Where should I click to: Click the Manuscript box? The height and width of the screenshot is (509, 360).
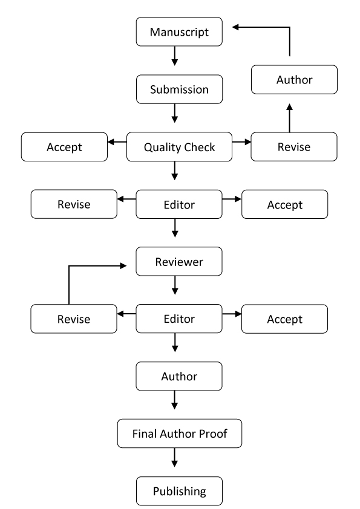pos(179,32)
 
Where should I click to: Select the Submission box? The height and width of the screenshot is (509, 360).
pos(179,89)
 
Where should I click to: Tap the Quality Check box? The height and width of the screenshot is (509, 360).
pos(179,147)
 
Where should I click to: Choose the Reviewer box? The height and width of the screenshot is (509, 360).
pos(179,262)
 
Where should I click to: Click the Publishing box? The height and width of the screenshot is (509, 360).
pos(179,491)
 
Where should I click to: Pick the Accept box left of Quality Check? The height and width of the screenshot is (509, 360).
pos(64,147)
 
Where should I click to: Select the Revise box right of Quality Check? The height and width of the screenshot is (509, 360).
pos(294,147)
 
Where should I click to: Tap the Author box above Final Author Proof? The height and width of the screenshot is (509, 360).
pos(179,376)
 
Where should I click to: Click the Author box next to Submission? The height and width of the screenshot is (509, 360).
pos(295,80)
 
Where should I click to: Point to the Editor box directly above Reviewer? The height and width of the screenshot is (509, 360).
pos(179,204)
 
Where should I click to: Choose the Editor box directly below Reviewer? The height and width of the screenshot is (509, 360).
pos(179,319)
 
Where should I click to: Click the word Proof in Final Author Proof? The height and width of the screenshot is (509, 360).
pos(213,433)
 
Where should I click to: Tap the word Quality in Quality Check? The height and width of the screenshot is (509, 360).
pos(159,148)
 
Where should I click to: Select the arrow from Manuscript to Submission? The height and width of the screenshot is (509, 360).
pos(175,56)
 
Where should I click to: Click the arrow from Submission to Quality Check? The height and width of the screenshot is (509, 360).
pos(175,113)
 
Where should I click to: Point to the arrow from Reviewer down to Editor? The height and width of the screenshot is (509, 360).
pos(175,285)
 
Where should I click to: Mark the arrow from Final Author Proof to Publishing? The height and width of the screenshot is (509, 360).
pos(175,458)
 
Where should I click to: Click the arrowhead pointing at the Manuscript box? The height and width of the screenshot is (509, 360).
pos(235,27)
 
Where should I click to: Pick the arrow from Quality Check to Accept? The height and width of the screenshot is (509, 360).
pos(117,142)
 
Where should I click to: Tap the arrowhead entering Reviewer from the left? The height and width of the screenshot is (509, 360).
pos(123,266)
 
